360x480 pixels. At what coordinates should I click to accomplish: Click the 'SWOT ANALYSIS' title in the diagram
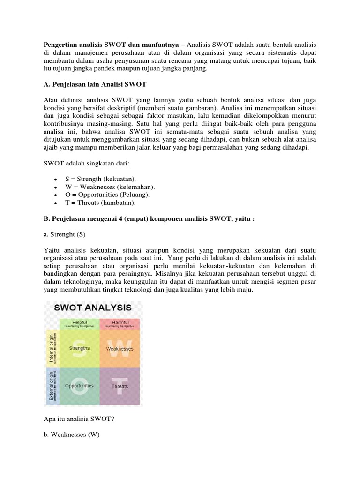click(x=93, y=308)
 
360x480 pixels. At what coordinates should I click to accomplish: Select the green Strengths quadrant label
click(x=79, y=348)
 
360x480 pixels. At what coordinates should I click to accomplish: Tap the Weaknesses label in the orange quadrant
click(x=120, y=349)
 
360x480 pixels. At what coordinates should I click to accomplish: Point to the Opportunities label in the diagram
click(x=79, y=386)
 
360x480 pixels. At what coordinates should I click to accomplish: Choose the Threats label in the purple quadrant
click(x=120, y=386)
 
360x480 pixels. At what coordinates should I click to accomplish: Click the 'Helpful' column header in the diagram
click(x=79, y=323)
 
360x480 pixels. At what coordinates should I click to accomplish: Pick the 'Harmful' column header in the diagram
click(x=120, y=323)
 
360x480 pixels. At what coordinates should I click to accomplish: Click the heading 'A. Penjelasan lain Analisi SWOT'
click(x=94, y=85)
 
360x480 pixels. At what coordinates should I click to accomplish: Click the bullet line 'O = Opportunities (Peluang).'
click(x=107, y=195)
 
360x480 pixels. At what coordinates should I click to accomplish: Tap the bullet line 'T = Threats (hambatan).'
click(x=99, y=202)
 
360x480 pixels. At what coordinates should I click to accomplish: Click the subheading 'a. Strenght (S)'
click(x=66, y=234)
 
